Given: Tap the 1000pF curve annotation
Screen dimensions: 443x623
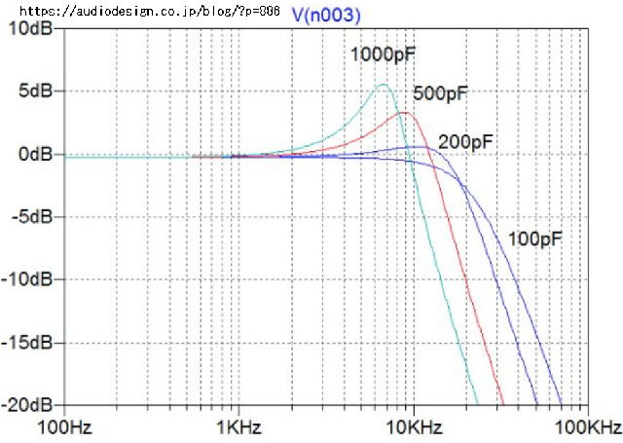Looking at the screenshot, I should (383, 55).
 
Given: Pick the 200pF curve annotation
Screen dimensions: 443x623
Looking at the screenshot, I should (466, 142).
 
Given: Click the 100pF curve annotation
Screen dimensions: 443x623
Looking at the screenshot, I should (536, 237).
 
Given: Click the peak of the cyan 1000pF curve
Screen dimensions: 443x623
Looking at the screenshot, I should (384, 85).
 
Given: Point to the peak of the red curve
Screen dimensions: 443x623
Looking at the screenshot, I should (404, 113).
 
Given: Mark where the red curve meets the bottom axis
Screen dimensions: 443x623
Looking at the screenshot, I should (503, 404).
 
